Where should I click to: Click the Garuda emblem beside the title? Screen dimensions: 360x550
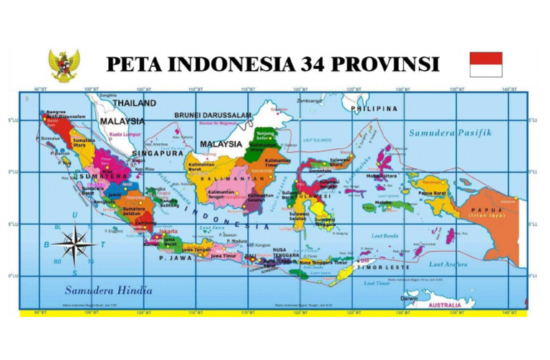tap(64, 65)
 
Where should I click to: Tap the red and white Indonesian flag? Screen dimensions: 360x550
tap(486, 64)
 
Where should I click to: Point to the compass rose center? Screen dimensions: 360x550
tap(74, 243)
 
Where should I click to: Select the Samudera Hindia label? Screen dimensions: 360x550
tap(108, 291)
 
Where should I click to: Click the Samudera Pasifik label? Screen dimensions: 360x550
tap(450, 133)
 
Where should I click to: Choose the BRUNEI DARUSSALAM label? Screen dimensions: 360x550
tap(213, 115)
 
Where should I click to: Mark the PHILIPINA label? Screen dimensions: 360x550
tap(374, 109)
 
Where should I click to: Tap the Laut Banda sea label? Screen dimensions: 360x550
tap(386, 235)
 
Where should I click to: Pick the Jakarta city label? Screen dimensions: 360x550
tap(168, 231)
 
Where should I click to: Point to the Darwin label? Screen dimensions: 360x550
tap(410, 298)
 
